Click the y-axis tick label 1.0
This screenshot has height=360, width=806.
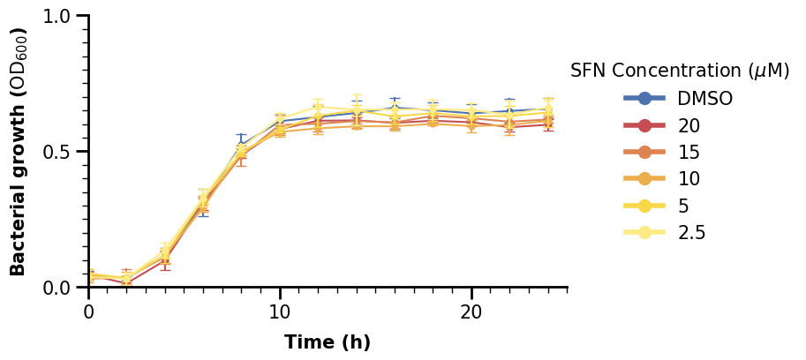coord(64,17)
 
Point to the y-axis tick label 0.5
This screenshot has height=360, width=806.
coord(64,152)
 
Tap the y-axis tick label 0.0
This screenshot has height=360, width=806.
coord(64,288)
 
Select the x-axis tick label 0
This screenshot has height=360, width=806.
coord(89,312)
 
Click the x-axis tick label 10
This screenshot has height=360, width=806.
coord(280,312)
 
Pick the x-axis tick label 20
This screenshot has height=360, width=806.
coord(471,312)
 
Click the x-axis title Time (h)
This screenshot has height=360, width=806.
coord(328,342)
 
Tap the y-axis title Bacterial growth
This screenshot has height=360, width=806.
coord(19,152)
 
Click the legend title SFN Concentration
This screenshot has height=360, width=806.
coord(680,71)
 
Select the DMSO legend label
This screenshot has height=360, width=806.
coord(705,98)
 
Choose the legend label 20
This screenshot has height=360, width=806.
coord(689,125)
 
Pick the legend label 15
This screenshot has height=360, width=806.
coord(689,152)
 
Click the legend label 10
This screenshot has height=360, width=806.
coord(689,179)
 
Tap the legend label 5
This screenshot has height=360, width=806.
coord(683,206)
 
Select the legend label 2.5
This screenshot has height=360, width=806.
coord(691,233)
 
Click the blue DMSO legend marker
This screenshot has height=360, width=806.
coord(644,98)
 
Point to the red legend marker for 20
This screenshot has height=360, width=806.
coord(644,125)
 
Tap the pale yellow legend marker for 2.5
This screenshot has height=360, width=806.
coord(644,233)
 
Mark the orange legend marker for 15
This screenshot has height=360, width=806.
coord(644,152)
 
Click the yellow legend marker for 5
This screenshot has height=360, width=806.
coord(644,206)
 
